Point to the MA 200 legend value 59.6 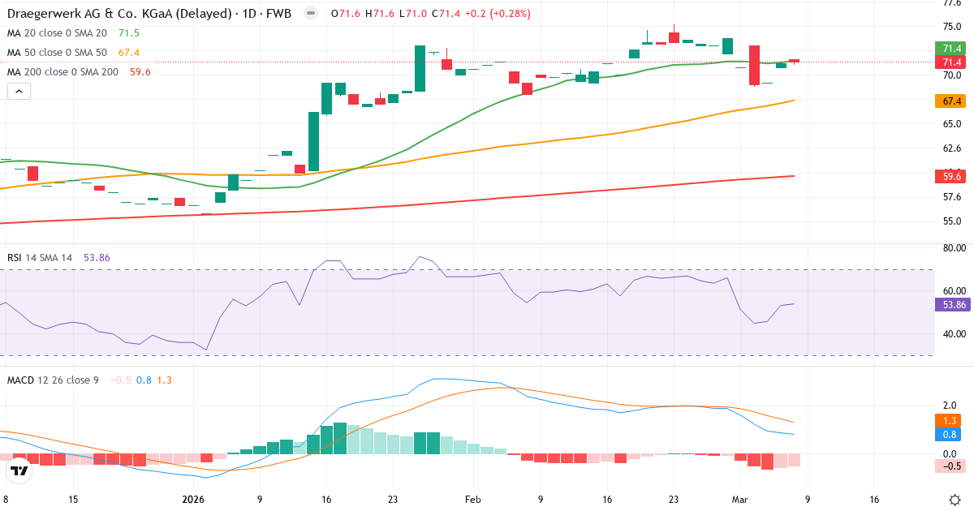click(x=140, y=72)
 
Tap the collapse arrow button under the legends click(x=19, y=92)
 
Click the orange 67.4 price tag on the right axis click(x=949, y=101)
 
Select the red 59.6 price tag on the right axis click(x=949, y=176)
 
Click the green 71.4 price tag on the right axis click(x=949, y=49)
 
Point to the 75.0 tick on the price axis click(x=952, y=27)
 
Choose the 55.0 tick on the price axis click(x=952, y=221)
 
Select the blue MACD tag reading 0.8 click(x=949, y=435)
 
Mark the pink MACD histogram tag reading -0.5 click(x=949, y=466)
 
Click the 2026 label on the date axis click(x=194, y=500)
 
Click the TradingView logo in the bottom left click(x=19, y=470)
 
